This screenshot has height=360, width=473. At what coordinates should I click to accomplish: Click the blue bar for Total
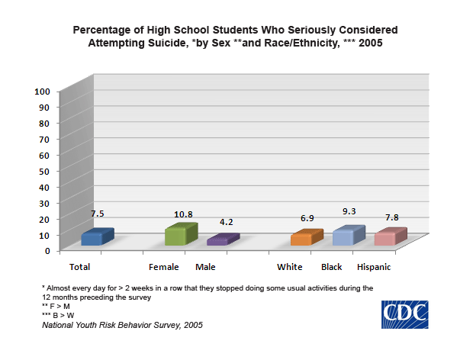coord(97,237)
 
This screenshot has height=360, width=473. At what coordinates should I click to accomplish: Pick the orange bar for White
coord(301,238)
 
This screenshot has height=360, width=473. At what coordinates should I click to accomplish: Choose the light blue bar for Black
coord(343,236)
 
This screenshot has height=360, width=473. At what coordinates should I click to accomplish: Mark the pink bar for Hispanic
coord(385,237)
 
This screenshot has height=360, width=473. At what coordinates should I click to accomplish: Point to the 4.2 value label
coord(226,222)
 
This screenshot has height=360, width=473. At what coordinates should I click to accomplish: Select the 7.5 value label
coord(97,214)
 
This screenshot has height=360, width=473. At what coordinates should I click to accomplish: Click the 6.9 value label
coord(305,219)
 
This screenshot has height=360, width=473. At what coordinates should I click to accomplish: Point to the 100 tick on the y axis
coord(42,91)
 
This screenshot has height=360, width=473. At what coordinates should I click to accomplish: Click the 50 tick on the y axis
coord(45,170)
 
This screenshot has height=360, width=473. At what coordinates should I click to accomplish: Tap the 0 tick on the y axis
coord(47,250)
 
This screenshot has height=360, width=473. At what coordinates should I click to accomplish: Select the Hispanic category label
coord(374,267)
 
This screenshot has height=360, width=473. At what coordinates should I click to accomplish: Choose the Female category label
coord(164,267)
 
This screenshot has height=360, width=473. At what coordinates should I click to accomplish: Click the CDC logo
coord(405,314)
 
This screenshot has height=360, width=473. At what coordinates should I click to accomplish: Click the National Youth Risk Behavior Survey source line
coord(122,325)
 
